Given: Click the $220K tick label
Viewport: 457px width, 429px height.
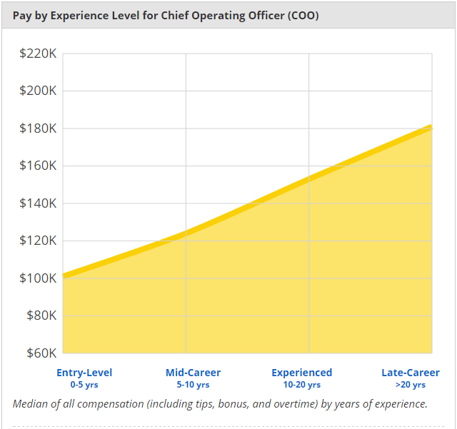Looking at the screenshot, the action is (x=38, y=54).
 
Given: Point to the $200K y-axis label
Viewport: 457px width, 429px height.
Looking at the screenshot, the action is (x=38, y=91).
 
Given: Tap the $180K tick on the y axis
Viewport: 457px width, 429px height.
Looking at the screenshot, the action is (x=38, y=128).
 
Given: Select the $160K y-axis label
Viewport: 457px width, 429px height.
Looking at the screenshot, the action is (x=38, y=166).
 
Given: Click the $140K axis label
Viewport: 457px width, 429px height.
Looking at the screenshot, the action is (x=38, y=203).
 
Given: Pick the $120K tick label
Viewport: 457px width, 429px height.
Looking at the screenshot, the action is (x=38, y=241).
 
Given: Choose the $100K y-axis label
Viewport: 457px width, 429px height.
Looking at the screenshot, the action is (x=38, y=278).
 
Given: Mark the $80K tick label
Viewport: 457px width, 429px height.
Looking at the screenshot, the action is (x=41, y=316).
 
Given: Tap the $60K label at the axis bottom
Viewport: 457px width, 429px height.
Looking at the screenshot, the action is (x=41, y=353).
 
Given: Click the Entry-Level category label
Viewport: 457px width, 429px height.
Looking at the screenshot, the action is (x=84, y=373).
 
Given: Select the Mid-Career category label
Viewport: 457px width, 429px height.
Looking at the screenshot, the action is (x=193, y=373).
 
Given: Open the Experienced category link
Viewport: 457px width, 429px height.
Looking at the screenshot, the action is (x=302, y=373).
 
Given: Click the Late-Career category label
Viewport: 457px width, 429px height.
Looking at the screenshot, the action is (x=411, y=373).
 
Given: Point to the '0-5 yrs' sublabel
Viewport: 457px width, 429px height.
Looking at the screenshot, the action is (x=84, y=385).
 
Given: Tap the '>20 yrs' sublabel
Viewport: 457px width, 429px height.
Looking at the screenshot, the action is (x=411, y=385).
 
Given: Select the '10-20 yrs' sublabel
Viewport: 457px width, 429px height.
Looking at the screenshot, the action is (x=302, y=385).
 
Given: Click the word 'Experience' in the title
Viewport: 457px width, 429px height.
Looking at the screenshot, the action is (x=79, y=16).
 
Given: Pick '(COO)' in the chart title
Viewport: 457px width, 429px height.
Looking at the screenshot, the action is (x=303, y=16).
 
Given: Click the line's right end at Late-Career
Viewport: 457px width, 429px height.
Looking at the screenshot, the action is (x=431, y=127).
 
